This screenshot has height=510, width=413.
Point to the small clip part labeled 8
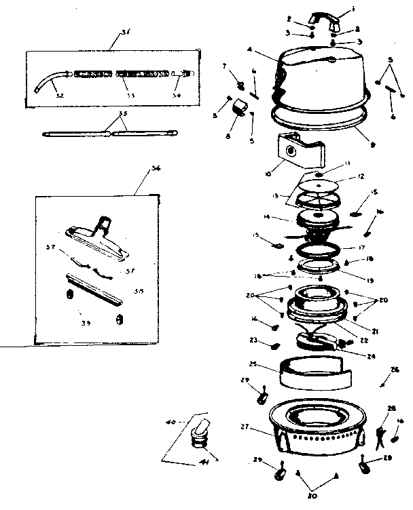click(238, 108)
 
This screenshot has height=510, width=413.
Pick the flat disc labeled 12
click(319, 186)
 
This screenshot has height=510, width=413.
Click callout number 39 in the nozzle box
click(85, 323)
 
